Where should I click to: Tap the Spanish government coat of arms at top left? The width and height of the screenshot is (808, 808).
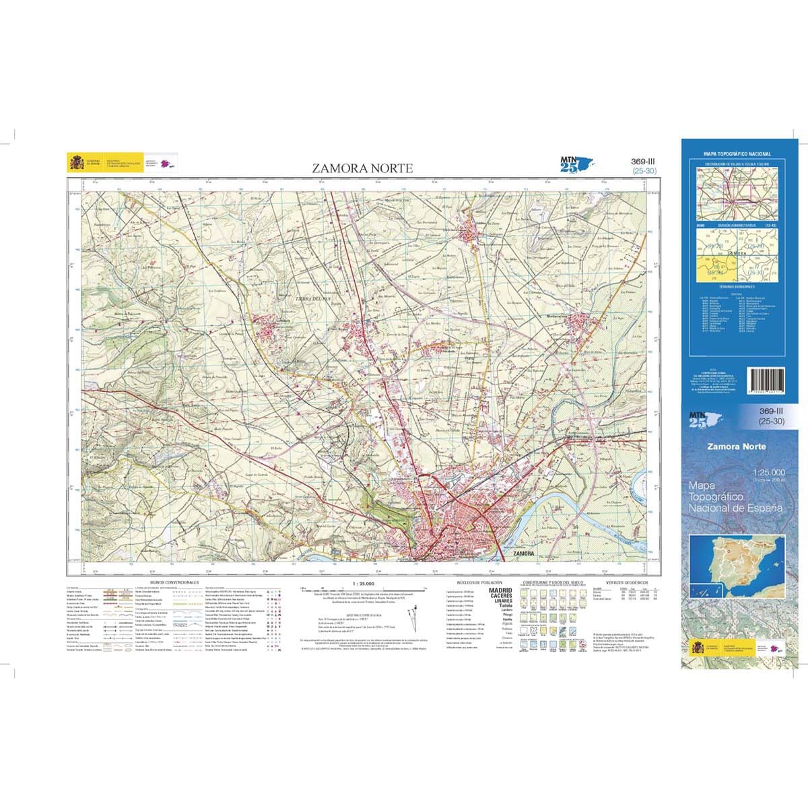[76, 163]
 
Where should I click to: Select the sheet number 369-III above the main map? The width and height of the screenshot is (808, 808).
[644, 162]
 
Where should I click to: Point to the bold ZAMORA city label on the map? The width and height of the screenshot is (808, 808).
[523, 553]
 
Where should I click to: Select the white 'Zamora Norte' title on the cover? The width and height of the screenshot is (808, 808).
[736, 446]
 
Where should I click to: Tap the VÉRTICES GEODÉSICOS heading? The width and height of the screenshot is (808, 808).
[626, 580]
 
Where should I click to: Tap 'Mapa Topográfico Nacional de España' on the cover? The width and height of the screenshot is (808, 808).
[736, 496]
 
